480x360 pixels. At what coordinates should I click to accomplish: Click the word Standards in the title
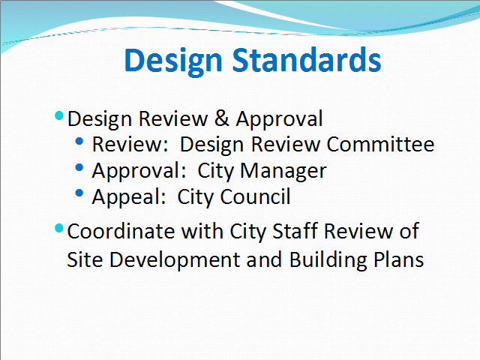tap(307, 60)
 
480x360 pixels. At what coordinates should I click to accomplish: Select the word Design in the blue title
tap(173, 61)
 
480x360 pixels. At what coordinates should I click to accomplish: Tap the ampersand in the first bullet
tap(222, 118)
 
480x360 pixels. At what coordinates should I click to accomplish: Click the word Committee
tap(380, 144)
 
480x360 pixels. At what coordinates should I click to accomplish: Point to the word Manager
tap(283, 171)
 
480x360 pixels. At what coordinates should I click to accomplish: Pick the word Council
tap(255, 196)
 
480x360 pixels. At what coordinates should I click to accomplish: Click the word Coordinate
tap(121, 231)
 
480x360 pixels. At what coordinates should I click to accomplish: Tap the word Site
tap(85, 259)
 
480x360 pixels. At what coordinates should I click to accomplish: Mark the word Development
tap(175, 260)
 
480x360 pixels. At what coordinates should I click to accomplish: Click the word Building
tap(328, 260)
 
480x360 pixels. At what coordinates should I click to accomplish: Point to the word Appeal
tap(129, 197)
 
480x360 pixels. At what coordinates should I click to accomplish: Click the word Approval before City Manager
tap(139, 171)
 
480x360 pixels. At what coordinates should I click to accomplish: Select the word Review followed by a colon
tap(130, 144)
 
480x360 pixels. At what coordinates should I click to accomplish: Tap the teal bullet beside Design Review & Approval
tap(59, 115)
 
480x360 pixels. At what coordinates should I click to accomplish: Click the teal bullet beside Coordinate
tap(59, 228)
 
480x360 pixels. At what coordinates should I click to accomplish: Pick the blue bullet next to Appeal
tap(79, 193)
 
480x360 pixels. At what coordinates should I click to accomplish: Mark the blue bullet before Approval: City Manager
tap(79, 167)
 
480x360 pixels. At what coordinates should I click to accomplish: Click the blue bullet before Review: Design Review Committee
tap(79, 141)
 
